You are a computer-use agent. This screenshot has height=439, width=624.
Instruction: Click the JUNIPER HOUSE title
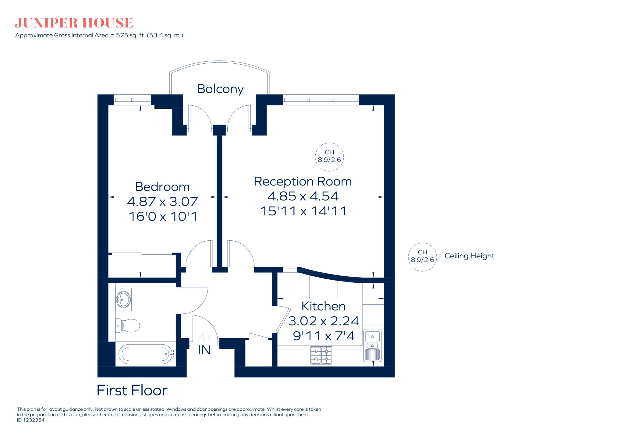(74, 23)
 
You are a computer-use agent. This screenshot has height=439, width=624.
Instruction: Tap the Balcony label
(220, 89)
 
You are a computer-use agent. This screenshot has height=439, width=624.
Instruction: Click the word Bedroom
(162, 187)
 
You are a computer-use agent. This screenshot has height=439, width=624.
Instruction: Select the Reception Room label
(303, 182)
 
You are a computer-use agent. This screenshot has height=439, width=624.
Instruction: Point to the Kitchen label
(323, 306)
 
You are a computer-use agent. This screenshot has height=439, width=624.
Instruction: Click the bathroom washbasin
(123, 299)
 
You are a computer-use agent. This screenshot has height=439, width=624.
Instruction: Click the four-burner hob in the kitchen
(321, 355)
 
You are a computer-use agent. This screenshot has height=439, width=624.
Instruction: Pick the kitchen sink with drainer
(372, 346)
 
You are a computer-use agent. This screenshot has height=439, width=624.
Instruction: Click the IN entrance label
(204, 350)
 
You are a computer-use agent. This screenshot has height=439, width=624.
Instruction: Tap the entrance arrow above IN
(204, 337)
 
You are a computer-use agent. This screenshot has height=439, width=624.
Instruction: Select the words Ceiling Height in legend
(469, 256)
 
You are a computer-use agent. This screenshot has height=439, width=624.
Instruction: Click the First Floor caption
(132, 391)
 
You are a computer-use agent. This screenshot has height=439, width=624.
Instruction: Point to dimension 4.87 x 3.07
(162, 201)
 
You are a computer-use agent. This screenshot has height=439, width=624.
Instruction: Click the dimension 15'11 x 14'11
(303, 211)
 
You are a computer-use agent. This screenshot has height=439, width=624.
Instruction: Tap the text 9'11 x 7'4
(324, 336)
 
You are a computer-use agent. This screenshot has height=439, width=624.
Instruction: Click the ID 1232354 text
(31, 420)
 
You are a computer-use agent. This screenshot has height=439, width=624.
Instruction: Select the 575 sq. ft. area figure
(130, 35)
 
